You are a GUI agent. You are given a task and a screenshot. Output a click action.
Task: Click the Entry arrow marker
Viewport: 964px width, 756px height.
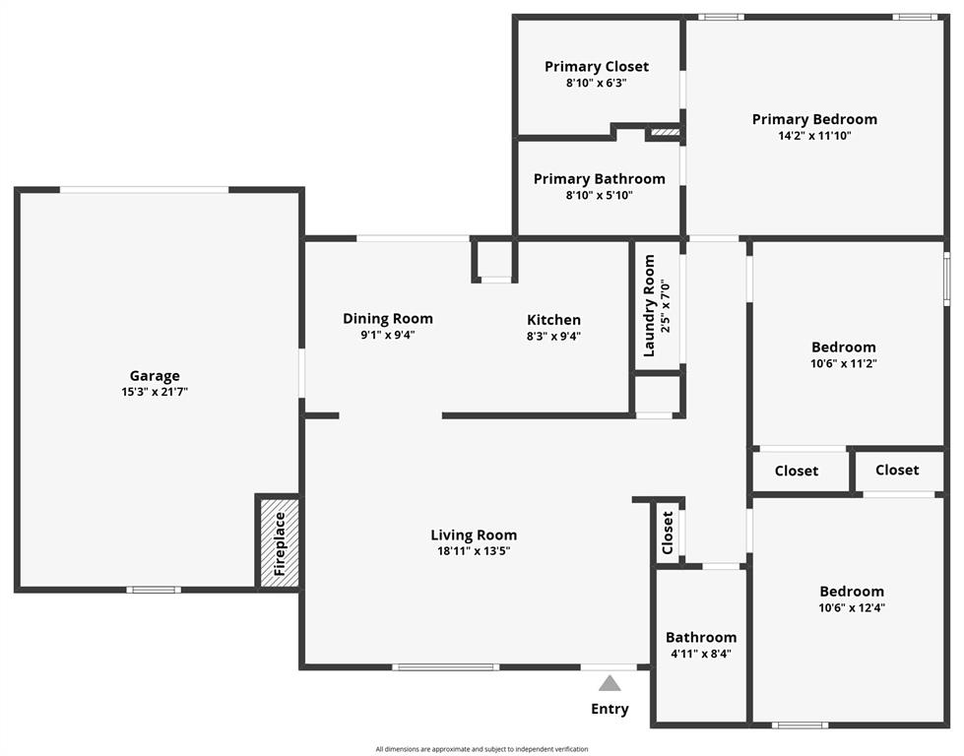tap(611, 682)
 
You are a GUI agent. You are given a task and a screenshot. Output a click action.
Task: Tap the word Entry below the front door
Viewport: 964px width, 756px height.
tap(610, 709)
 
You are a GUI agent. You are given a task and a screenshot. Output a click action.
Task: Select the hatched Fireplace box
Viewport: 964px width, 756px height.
tap(280, 542)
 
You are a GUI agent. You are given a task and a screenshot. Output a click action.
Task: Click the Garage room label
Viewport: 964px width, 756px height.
tap(155, 375)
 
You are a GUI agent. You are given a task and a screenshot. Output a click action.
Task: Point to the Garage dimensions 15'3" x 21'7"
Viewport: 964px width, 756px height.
tap(155, 392)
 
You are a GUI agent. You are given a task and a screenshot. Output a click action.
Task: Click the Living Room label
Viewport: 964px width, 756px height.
tap(474, 535)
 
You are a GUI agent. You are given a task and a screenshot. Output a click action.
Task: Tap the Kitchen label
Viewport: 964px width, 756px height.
tap(553, 319)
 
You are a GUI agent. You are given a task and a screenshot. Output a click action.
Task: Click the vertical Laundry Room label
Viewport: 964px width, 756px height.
tap(649, 305)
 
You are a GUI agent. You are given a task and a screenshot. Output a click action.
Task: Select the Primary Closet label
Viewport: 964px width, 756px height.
tap(597, 66)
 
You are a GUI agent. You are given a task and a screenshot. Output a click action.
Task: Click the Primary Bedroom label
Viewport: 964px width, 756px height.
tap(814, 119)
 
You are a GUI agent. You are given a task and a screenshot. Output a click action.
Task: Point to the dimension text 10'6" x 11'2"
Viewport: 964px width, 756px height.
tap(843, 363)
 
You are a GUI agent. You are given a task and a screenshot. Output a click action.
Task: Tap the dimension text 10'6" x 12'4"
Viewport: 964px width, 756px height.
tap(852, 607)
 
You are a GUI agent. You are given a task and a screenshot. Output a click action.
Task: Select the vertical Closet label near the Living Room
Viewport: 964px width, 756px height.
tap(668, 533)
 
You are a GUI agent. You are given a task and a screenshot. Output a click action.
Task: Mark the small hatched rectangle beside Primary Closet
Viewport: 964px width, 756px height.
tap(664, 131)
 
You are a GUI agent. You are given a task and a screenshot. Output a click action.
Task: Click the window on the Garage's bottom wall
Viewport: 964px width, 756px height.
tap(154, 590)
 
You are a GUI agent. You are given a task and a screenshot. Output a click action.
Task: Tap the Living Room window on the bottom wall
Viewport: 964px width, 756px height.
tap(445, 667)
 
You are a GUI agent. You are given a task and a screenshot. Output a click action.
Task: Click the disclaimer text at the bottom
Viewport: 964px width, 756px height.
tap(482, 749)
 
